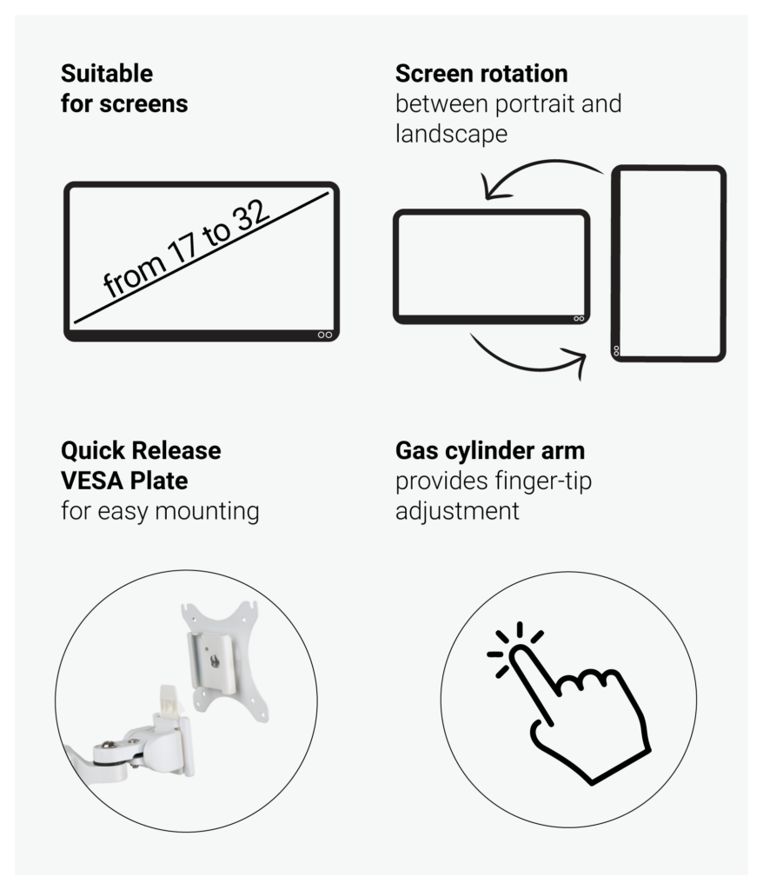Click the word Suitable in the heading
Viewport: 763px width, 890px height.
[107, 74]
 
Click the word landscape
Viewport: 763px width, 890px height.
[451, 135]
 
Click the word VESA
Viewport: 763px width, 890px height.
[90, 481]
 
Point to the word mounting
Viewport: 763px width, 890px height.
[207, 511]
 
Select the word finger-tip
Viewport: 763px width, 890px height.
[543, 482]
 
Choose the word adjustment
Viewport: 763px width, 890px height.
[457, 511]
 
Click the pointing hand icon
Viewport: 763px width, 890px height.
[568, 704]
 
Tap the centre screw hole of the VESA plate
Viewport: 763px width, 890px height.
[215, 661]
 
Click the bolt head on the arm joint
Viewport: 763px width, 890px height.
[108, 745]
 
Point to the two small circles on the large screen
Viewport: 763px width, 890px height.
[325, 335]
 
